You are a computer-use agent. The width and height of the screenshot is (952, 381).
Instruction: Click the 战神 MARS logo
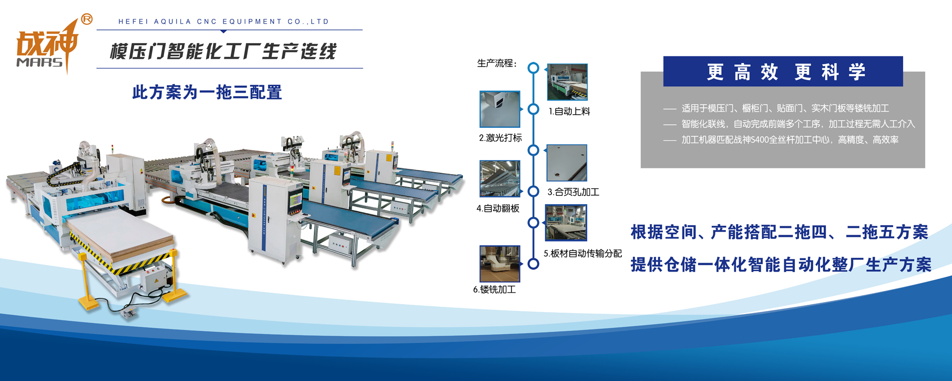tap(48, 45)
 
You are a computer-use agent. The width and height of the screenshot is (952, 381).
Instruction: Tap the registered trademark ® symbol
tap(87, 19)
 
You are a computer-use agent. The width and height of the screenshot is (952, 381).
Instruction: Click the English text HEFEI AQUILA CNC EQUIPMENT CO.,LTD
tap(224, 22)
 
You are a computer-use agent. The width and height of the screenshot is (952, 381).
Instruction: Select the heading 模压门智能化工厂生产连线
tap(223, 52)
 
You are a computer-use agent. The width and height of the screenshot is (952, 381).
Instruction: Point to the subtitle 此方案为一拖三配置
tap(207, 92)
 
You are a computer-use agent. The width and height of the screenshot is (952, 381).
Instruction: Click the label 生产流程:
tap(497, 64)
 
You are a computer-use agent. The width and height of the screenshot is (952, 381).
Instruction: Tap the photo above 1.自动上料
tap(567, 82)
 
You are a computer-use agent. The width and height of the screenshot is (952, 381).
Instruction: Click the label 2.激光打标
tap(500, 138)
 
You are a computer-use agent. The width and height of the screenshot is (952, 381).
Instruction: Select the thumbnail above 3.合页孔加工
tap(567, 163)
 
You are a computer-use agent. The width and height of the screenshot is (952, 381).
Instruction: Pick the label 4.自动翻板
tap(498, 208)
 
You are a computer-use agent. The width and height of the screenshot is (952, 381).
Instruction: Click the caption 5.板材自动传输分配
tap(582, 254)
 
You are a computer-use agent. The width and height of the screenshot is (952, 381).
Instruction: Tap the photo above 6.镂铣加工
tap(500, 264)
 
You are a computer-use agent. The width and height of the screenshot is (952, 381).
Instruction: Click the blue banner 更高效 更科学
tap(783, 72)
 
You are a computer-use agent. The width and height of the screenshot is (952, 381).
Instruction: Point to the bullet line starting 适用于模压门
tap(776, 108)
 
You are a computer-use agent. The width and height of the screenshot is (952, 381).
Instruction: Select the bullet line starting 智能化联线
tap(789, 124)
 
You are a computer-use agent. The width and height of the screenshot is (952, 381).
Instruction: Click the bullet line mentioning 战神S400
tap(781, 140)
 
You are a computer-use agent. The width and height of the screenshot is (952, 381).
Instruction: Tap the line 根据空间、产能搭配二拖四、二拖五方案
tap(780, 232)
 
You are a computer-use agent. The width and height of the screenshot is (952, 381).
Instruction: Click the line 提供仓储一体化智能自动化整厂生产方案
tap(781, 265)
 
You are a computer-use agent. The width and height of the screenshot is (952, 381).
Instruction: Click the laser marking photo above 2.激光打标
tap(500, 109)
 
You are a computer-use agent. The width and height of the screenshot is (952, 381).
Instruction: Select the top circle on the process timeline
tap(534, 68)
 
